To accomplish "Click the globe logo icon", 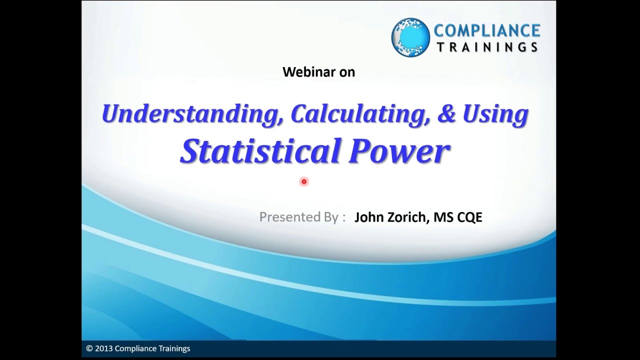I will (x=410, y=37).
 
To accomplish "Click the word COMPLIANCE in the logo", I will (x=486, y=30).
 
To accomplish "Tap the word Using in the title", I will (x=495, y=114).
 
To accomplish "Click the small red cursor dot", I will (x=303, y=181).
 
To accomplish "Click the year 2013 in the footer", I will (x=103, y=348).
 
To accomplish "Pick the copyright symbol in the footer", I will (x=89, y=348).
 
